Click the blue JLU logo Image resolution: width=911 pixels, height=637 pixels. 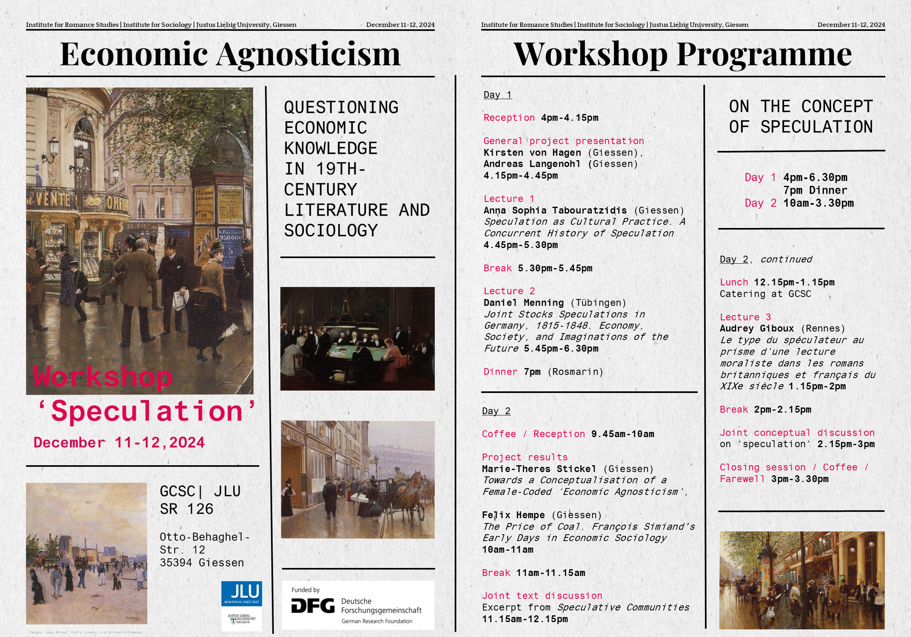pos(241,593)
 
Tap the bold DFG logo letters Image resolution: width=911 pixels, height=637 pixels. pos(313,606)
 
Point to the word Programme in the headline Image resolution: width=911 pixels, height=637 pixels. pos(764,55)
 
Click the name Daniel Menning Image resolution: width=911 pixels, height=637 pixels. pos(523,303)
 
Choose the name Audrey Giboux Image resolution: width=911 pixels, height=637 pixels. pos(757,328)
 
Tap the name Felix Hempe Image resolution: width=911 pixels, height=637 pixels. pos(513,515)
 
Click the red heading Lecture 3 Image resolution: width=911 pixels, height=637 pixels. pos(745,317)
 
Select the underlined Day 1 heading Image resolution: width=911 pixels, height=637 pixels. pos(498,95)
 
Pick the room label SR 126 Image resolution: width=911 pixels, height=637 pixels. pos(186,509)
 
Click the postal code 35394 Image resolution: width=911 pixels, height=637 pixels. pos(176,563)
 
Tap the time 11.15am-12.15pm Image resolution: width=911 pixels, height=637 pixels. pos(525,619)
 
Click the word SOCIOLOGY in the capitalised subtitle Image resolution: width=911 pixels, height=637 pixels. pos(331,230)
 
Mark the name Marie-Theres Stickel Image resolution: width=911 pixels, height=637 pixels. pos(539,469)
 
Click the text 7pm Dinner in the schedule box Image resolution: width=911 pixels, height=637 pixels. pos(815,190)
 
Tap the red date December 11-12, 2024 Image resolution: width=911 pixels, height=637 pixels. pos(119,442)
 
